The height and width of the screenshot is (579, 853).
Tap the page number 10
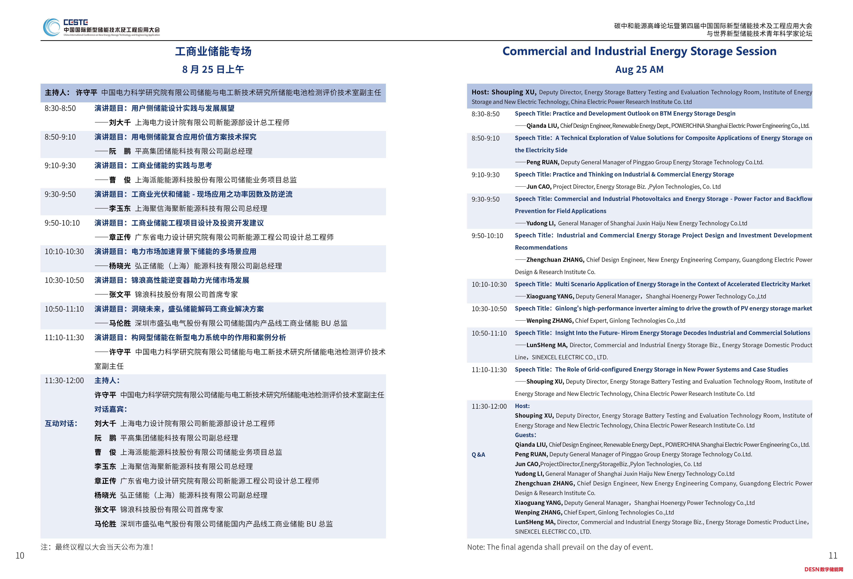[x=20, y=555]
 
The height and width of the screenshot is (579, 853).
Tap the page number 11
[x=833, y=555]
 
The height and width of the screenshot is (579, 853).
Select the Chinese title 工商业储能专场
[x=213, y=51]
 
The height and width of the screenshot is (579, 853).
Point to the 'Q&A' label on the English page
[x=478, y=454]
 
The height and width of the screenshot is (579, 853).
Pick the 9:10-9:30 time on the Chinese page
[x=60, y=166]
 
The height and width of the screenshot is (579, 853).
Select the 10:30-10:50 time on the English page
[x=489, y=309]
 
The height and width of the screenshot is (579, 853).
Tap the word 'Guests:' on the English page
[x=525, y=435]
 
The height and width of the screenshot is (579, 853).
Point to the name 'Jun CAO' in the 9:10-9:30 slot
[x=539, y=186]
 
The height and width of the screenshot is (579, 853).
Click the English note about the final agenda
[x=560, y=547]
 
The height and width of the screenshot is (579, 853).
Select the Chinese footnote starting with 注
[x=97, y=547]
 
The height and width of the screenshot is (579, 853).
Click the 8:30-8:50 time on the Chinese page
[x=60, y=108]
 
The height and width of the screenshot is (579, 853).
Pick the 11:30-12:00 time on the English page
[x=489, y=406]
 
